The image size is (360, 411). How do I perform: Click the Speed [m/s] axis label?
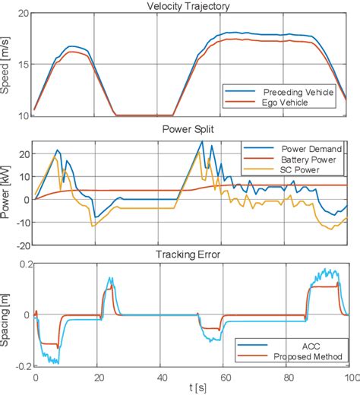(x=7, y=65)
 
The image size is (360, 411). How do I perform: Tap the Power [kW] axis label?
(x=7, y=193)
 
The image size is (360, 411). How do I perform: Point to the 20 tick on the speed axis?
(x=24, y=14)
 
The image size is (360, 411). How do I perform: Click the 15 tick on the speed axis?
(x=24, y=65)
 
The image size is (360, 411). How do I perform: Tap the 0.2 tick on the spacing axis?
(x=22, y=264)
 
